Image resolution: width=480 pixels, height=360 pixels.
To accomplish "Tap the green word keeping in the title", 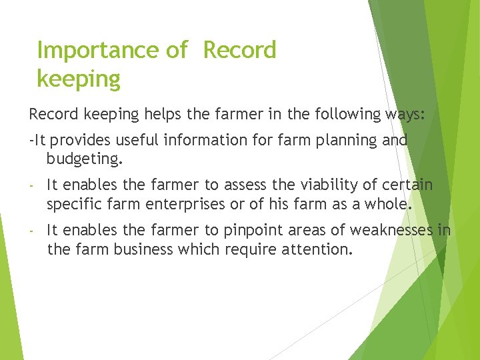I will click(79, 79).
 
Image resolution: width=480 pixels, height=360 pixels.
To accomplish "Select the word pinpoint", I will click(252, 231).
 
